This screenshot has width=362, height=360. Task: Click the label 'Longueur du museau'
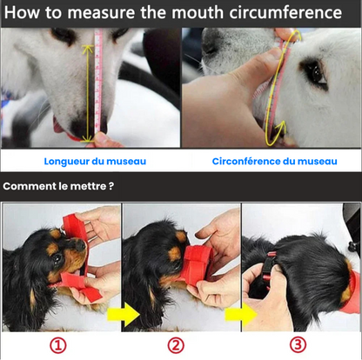coord(95,160)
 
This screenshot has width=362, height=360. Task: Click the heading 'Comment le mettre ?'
coord(58,186)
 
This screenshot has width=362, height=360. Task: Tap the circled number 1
coord(57,344)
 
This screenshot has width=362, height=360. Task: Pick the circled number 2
coord(177,344)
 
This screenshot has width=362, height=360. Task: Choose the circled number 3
coord(298,344)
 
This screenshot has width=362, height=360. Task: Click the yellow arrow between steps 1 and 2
coord(128,314)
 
